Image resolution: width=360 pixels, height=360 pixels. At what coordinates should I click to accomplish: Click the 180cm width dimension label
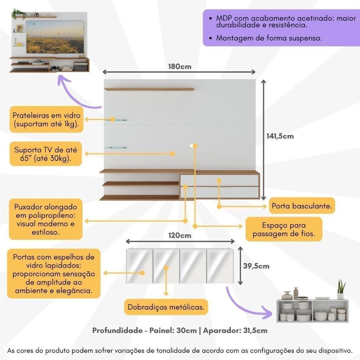point(180,67)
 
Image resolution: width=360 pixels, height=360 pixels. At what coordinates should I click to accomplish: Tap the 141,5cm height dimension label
point(280,136)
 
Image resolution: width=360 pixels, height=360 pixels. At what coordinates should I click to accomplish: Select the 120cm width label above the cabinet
point(180,236)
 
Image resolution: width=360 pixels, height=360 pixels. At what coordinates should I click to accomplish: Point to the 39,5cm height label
point(256,266)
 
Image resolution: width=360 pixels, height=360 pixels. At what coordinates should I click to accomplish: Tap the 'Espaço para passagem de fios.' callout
point(284,230)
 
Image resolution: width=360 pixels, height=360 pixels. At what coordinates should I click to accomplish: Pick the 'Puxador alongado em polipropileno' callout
point(46,220)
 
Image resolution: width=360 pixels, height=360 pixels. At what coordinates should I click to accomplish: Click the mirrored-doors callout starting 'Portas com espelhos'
point(54,274)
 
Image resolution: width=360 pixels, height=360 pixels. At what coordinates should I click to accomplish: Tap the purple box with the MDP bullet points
point(281,28)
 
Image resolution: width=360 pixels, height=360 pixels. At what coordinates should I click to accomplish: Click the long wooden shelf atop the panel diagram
point(149,89)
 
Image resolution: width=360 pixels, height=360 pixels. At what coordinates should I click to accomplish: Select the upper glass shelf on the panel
point(119,120)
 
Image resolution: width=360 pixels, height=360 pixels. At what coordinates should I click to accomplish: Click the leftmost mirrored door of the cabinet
point(139,266)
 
